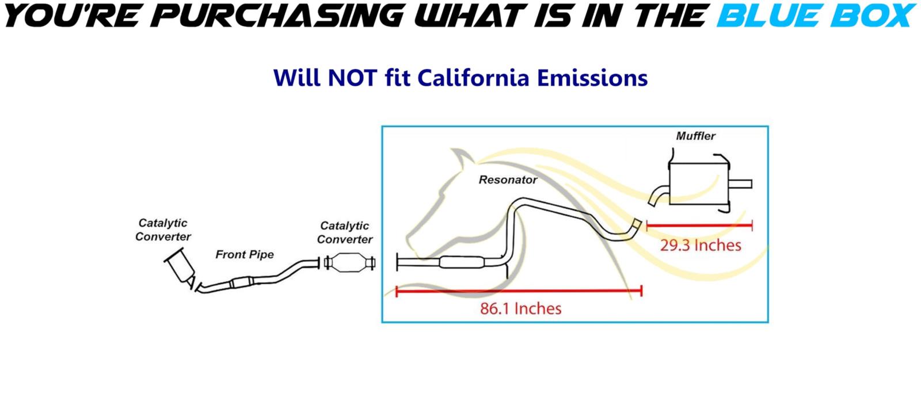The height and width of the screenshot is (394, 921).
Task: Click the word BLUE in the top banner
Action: coord(770,15)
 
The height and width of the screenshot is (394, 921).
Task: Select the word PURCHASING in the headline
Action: coord(280,15)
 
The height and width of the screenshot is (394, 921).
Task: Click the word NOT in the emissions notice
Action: coord(352,78)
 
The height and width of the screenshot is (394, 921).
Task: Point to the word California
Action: coord(473,78)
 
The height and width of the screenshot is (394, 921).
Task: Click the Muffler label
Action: coord(696,136)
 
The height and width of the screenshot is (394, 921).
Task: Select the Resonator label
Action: coord(508,180)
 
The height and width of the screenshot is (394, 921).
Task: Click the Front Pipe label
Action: coord(245,255)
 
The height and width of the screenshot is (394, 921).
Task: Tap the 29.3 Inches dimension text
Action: coord(701,245)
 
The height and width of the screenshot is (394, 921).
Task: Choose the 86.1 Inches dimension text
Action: coord(520,308)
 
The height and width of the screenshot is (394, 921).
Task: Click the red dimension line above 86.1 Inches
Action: coord(519,291)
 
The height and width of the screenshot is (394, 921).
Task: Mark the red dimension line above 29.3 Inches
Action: coord(699,225)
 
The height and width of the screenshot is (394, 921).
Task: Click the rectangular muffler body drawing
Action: coord(699,183)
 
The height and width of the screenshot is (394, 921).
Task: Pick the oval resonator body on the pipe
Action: coord(462,262)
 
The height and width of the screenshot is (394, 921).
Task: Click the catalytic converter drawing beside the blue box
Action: coord(349,262)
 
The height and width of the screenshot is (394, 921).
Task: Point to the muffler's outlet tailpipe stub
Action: coord(740,183)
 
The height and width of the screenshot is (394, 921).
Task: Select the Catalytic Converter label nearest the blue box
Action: coord(345,232)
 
